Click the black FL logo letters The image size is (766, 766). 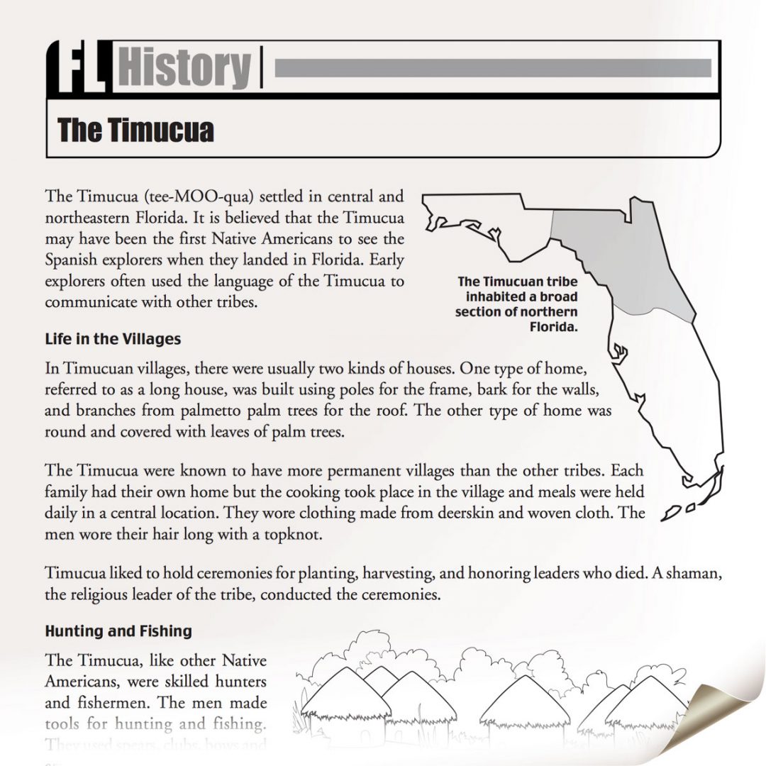[77, 68]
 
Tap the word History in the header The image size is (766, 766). [184, 68]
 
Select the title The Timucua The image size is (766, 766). [135, 131]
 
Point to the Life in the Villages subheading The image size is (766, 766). [113, 339]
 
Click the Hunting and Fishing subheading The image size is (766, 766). [118, 631]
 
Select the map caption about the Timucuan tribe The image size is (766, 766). [518, 304]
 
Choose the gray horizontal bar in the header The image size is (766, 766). [492, 68]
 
